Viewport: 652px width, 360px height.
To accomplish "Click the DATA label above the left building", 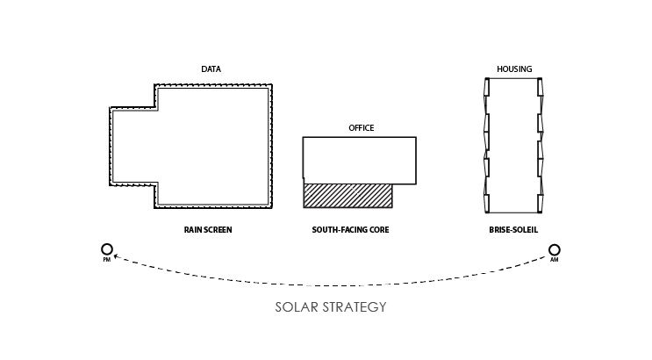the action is [211, 68].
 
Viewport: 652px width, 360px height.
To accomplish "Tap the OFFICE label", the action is [362, 128].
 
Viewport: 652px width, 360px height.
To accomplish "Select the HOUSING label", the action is [514, 68].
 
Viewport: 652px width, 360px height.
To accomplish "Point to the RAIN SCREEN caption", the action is [208, 230].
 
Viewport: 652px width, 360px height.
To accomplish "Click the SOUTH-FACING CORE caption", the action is [350, 230].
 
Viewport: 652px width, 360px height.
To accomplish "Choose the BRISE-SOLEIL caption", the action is [513, 230].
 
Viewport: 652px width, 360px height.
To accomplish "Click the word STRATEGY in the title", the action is [356, 308].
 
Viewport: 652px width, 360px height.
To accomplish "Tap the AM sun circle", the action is [554, 250].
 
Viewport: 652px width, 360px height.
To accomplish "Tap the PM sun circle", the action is [107, 250].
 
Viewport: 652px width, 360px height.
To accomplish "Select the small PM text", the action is [107, 261].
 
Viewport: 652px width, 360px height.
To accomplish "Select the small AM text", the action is [554, 261].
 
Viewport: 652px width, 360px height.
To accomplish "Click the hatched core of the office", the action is [347, 195].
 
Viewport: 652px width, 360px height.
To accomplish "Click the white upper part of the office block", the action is [359, 159].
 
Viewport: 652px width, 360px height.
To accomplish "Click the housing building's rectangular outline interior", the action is [513, 145].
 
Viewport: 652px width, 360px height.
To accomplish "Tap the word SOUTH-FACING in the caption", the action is [339, 230].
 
